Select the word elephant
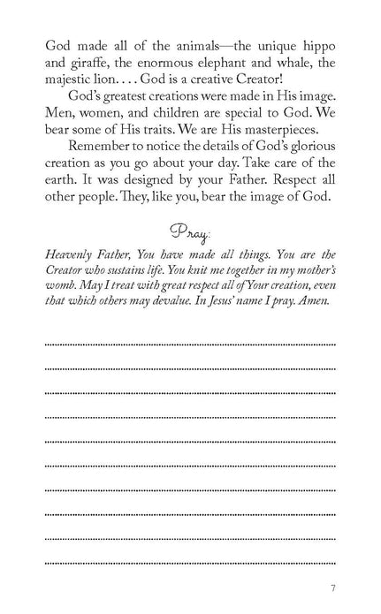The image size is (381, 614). (222, 63)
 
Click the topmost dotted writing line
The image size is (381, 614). (190, 341)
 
